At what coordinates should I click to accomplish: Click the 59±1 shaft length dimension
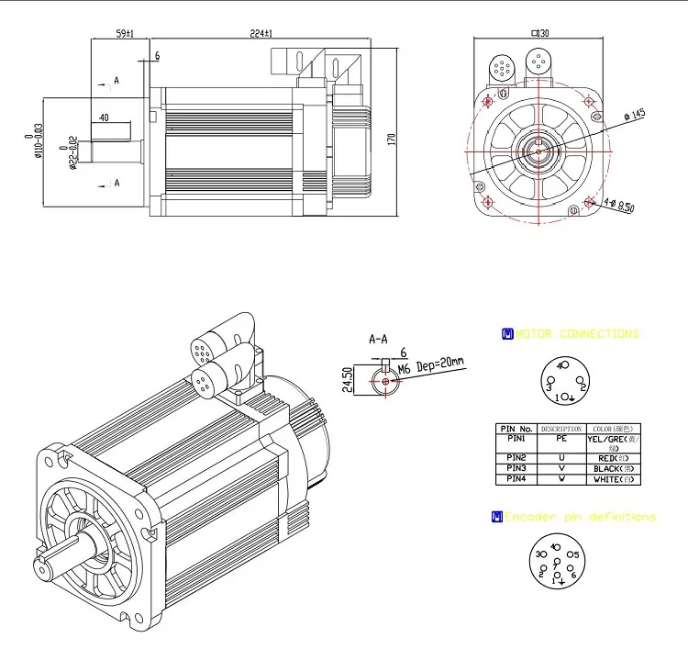[125, 34]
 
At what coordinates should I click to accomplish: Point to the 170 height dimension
[392, 139]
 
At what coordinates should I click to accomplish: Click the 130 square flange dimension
[539, 34]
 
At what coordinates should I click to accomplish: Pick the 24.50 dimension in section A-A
[347, 379]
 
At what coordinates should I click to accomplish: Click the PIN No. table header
[515, 429]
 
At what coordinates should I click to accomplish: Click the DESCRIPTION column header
[561, 429]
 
